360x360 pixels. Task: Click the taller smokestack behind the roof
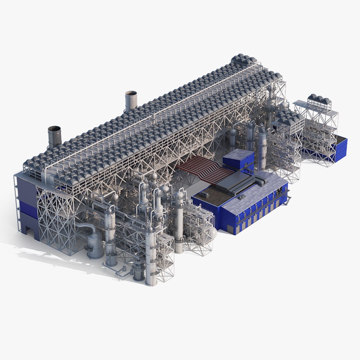point(131,100)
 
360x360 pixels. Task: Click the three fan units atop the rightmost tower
point(319,99)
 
